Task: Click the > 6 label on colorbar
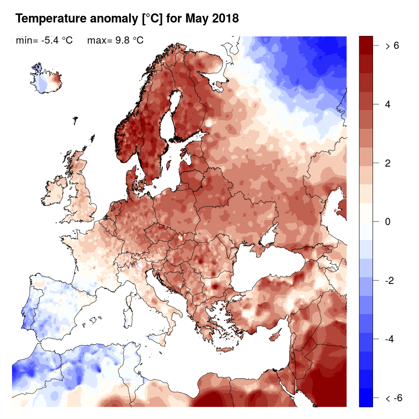point(392,46)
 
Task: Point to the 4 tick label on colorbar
point(388,104)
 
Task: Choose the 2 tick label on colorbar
point(388,163)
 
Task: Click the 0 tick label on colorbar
point(388,222)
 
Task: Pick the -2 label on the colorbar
point(391,280)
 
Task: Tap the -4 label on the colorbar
point(391,339)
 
